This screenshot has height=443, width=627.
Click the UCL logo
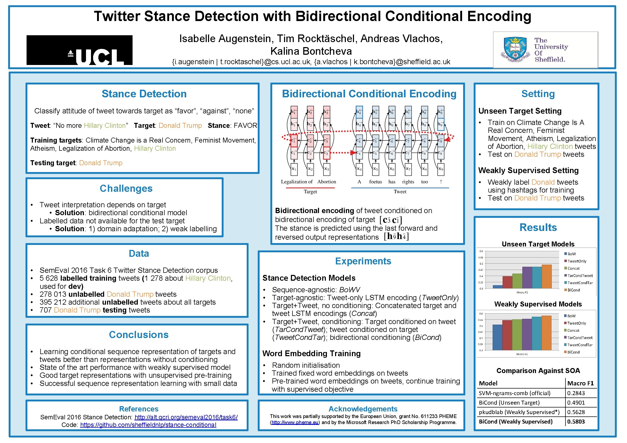pos(79,50)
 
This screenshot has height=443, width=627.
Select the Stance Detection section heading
pos(144,94)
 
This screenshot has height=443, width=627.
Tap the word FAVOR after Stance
pos(245,126)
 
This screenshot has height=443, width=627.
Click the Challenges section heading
pos(126,189)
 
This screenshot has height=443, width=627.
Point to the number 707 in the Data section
pos(45,310)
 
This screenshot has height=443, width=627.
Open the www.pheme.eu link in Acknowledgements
pos(295,423)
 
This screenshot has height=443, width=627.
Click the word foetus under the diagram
pos(376,182)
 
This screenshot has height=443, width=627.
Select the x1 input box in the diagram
pos(294,169)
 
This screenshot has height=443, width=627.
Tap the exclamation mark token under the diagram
pos(441,182)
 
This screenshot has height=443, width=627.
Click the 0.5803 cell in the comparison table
pos(576,422)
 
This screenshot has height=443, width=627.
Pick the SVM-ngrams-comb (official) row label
pos(514,394)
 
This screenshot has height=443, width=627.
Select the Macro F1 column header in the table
pos(580,384)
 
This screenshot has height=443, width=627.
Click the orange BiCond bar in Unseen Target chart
pos(547,277)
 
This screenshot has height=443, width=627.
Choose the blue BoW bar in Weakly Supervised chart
pos(497,338)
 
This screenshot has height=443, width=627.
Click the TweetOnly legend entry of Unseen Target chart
pos(577,261)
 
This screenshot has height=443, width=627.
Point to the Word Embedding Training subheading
pos(311,354)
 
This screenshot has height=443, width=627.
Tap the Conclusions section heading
pos(139,335)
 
